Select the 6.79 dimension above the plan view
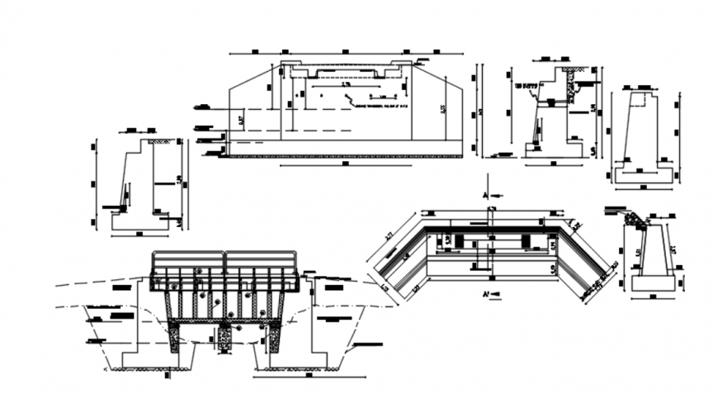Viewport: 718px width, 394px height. (491, 208)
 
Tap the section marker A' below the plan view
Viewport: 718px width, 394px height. (489, 293)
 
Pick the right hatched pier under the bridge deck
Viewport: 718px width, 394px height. (274, 337)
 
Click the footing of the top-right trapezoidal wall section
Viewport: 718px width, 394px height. (644, 175)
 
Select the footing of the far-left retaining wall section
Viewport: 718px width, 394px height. (140, 221)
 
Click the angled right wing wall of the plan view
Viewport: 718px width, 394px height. (583, 260)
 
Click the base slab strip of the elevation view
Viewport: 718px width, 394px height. (345, 148)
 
